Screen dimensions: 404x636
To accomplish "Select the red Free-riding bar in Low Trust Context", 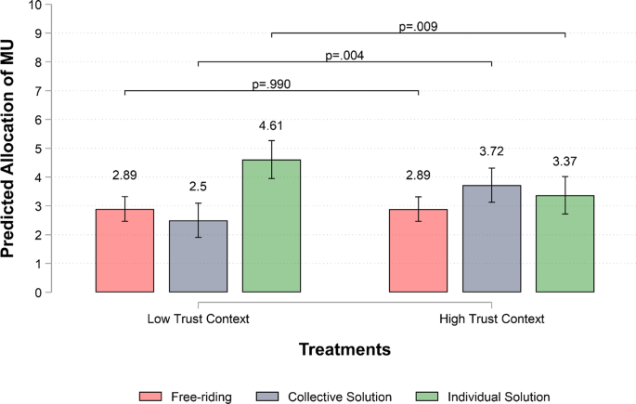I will click(124, 251).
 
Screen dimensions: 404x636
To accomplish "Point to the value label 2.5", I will click(198, 186).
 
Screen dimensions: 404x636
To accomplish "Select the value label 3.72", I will click(491, 150).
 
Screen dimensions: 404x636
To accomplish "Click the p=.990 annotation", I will click(272, 85).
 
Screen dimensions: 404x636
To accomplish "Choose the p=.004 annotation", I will click(344, 56).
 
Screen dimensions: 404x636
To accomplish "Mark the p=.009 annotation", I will click(418, 27).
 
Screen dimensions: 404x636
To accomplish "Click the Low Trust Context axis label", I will click(198, 319).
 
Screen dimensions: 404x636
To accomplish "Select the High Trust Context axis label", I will click(491, 319).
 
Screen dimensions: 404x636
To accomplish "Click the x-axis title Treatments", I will click(344, 350).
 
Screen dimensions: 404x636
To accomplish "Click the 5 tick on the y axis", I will click(38, 149).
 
